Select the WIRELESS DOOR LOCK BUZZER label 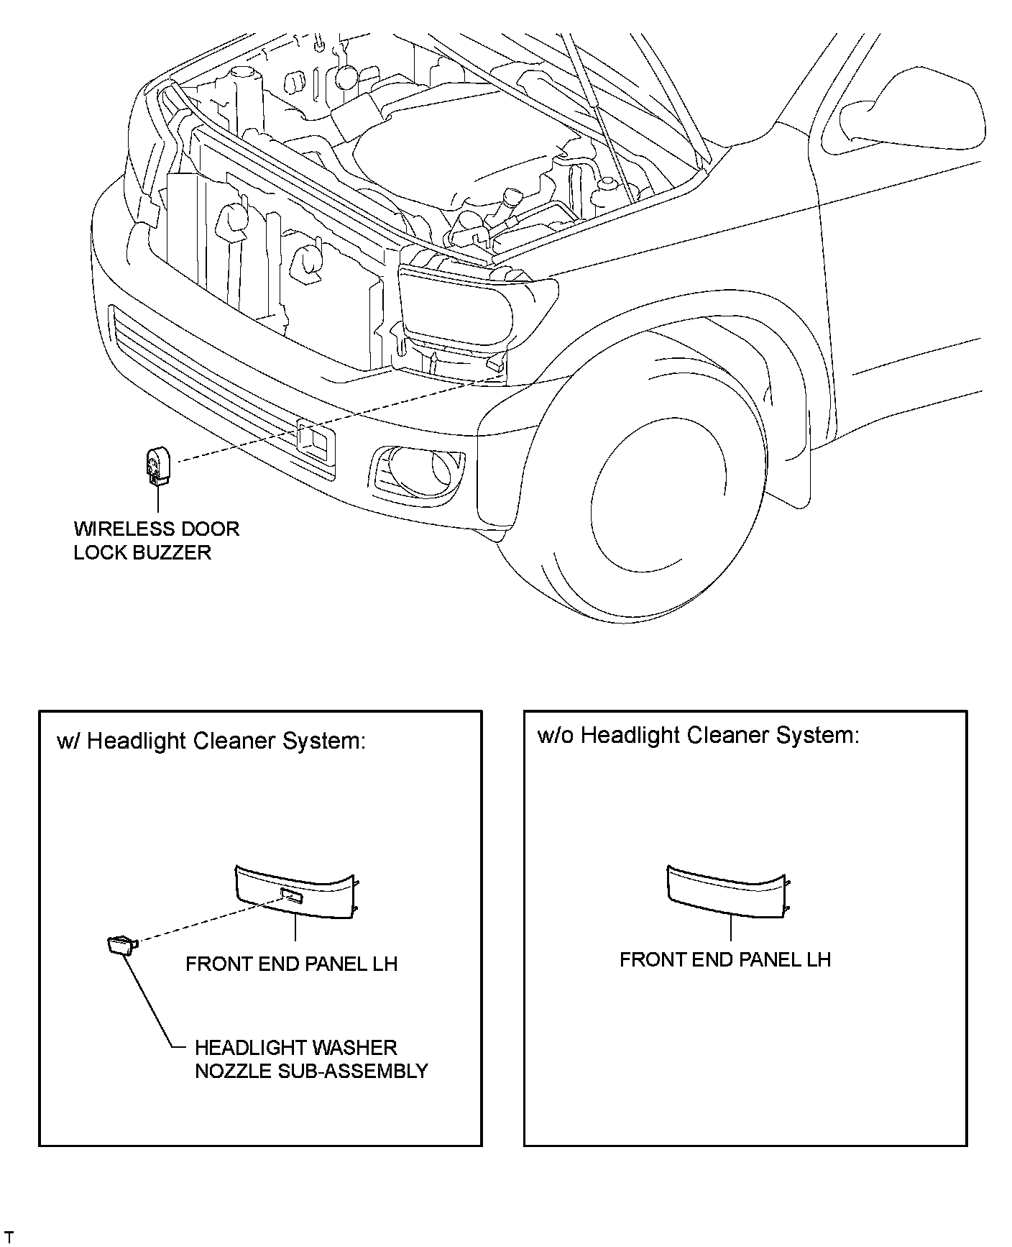point(156,541)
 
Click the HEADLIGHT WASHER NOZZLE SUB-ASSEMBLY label point(311,1059)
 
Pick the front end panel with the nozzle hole point(296,892)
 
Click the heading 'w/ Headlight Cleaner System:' point(211,741)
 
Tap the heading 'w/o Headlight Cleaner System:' point(698,735)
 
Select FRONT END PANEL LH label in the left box point(291,964)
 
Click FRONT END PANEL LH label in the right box point(725,959)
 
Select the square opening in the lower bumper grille point(316,440)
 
